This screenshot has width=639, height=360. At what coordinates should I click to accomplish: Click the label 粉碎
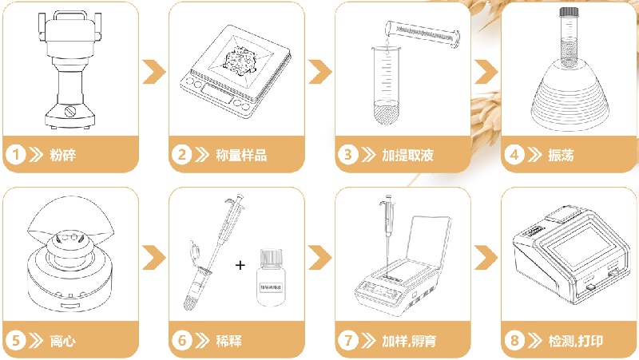click(63, 154)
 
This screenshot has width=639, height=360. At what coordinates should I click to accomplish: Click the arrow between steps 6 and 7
click(319, 257)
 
